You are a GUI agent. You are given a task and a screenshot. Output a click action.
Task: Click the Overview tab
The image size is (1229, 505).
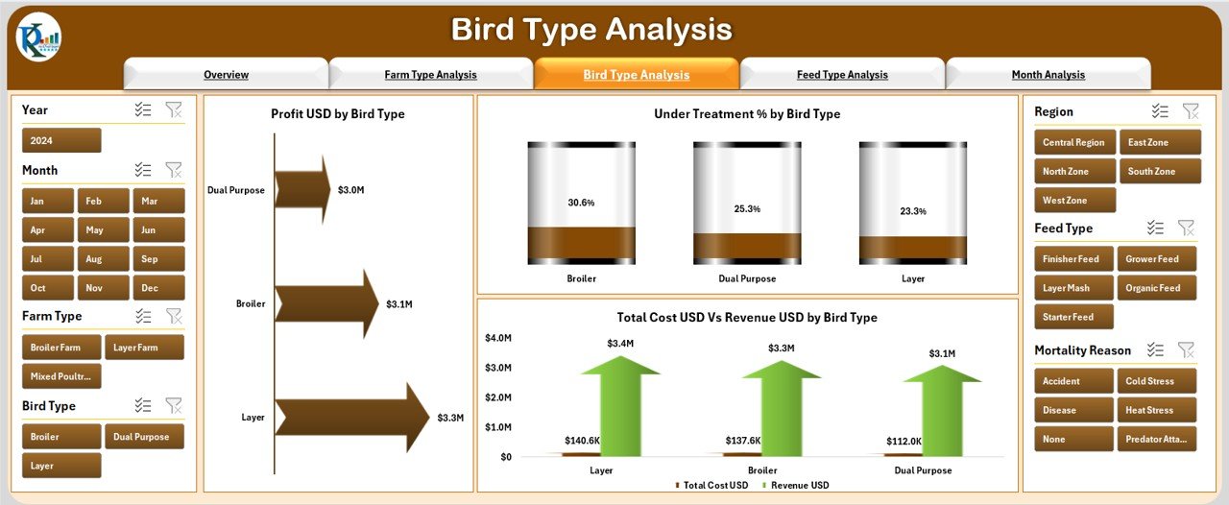coord(226,75)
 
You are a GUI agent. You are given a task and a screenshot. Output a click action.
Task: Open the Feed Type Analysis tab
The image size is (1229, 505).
coord(842,75)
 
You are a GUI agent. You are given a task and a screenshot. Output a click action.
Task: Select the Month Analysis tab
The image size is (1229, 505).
coord(1048,75)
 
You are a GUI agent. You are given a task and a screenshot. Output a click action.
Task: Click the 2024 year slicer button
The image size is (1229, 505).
coord(61,141)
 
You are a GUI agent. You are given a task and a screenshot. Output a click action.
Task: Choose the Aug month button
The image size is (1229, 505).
coord(94,259)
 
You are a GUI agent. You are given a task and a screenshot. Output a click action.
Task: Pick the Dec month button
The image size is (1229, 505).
coord(149,288)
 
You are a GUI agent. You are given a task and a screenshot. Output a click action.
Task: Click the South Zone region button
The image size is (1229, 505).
coord(1159,172)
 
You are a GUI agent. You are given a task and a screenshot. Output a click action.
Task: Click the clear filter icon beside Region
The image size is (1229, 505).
coord(1191,111)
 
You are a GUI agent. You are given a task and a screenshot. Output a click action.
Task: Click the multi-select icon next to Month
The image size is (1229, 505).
coord(143,170)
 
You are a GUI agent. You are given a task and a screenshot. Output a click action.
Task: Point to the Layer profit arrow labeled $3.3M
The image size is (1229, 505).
coord(351,418)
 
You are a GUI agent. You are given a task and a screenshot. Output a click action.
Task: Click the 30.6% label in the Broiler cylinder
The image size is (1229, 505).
coord(581,203)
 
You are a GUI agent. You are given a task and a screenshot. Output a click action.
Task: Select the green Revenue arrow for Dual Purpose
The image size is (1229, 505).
coord(942,413)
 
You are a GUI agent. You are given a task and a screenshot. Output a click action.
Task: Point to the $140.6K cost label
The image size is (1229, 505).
coord(583,441)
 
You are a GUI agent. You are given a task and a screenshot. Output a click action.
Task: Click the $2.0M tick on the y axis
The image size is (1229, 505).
coord(498,397)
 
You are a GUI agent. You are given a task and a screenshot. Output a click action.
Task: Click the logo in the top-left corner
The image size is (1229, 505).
coord(38,38)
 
